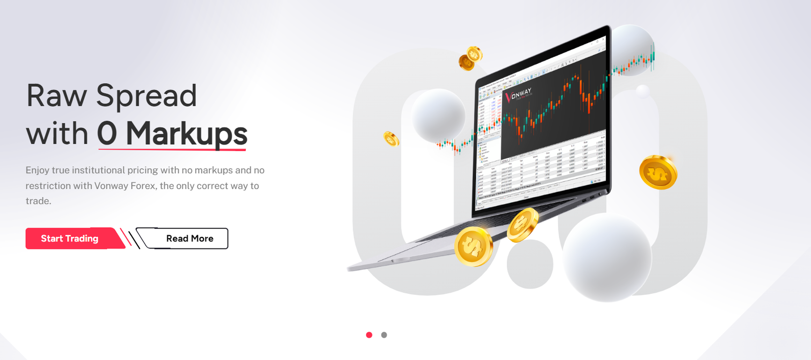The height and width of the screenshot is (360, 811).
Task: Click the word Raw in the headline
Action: (56, 96)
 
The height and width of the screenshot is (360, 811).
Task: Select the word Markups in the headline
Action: (186, 133)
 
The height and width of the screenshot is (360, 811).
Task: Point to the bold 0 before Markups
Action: (107, 133)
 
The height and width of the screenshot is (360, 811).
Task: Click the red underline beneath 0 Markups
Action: (172, 149)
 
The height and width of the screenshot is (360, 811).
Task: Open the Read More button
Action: (190, 238)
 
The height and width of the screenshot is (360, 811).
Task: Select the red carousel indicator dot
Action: (369, 335)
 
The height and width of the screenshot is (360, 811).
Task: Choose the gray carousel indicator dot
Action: (384, 335)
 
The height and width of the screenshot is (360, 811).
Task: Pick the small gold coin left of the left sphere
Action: (391, 138)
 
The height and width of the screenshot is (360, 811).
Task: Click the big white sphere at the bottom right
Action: (607, 258)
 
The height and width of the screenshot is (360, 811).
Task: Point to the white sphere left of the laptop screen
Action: (438, 115)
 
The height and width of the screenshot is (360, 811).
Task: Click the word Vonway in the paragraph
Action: (111, 186)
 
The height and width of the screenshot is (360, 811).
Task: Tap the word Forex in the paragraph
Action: (143, 186)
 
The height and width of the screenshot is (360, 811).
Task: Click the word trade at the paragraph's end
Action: (38, 201)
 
